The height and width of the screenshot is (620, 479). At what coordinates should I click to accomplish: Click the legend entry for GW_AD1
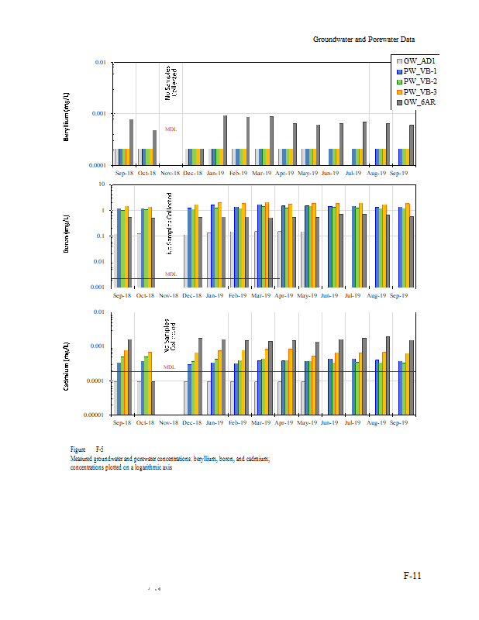419,60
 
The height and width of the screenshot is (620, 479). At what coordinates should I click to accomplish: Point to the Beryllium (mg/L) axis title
67,115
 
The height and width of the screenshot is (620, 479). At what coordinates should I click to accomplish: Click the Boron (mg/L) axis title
67,236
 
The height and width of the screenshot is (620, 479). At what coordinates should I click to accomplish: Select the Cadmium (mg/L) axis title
67,364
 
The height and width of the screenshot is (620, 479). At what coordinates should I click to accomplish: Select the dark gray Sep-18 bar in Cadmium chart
130,377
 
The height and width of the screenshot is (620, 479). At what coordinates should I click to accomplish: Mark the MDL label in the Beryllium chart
171,129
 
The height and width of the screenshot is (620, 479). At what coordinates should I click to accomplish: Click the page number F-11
412,576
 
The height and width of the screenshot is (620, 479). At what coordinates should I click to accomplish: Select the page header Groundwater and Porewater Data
364,38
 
